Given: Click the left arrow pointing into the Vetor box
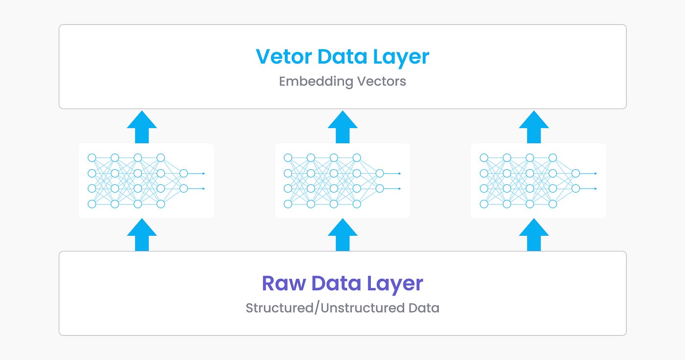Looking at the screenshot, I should [x=142, y=127].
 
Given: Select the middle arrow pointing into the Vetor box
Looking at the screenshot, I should [x=342, y=127].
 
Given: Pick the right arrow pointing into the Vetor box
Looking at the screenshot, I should [x=534, y=127].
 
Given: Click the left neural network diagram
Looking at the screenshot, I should [x=146, y=180].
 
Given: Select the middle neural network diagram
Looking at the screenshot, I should [x=342, y=180].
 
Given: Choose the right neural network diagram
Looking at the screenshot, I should [x=538, y=180].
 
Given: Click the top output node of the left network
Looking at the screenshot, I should [x=183, y=173].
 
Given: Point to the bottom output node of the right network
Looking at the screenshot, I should [x=575, y=188].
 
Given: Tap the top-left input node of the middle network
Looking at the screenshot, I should [x=288, y=157].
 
